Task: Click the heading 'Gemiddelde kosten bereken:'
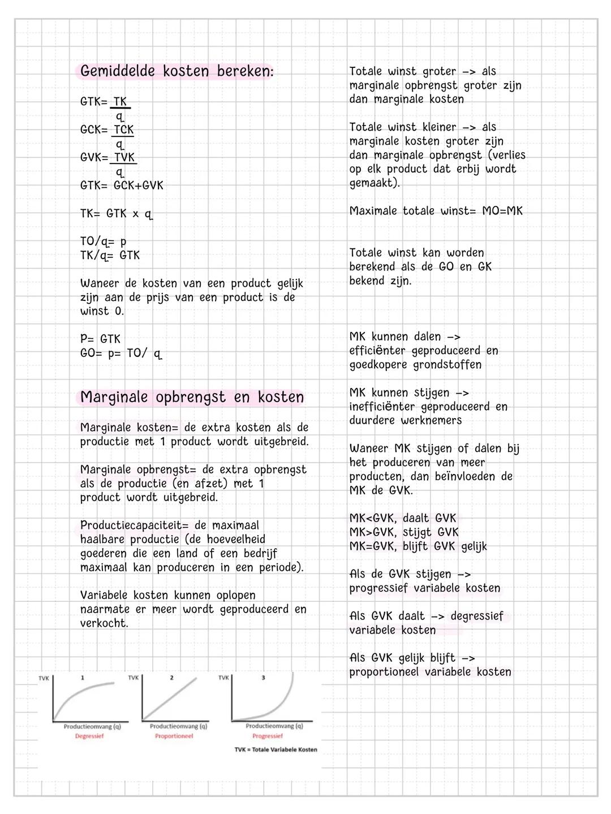[177, 71]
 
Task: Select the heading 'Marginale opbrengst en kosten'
[192, 397]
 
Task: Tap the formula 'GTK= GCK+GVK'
[122, 186]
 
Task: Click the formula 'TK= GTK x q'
[116, 214]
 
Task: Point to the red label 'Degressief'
[89, 736]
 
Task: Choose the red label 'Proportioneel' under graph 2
[174, 736]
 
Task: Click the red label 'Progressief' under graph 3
[268, 736]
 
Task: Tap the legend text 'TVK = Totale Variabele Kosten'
[276, 750]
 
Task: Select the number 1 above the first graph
[83, 678]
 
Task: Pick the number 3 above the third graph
[263, 678]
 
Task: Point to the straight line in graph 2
[170, 699]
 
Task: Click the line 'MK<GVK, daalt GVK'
[402, 518]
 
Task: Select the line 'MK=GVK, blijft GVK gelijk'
[418, 546]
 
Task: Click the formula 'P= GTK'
[100, 339]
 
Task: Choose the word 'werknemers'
[431, 420]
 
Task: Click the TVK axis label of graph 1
[44, 678]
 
